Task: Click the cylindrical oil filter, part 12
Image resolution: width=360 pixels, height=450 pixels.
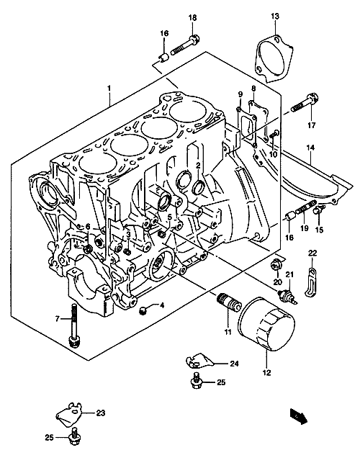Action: pyautogui.click(x=266, y=323)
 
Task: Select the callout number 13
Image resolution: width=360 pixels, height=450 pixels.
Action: pyautogui.click(x=275, y=16)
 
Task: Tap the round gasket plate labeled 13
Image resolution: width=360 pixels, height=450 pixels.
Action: pyautogui.click(x=274, y=60)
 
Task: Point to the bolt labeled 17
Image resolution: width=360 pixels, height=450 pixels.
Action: pyautogui.click(x=305, y=103)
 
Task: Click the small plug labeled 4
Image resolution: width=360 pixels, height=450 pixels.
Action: pyautogui.click(x=142, y=310)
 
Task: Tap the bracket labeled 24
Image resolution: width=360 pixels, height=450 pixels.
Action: pyautogui.click(x=199, y=361)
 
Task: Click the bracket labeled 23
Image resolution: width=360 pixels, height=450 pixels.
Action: pyautogui.click(x=69, y=414)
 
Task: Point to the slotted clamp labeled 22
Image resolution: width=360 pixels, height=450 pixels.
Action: pyautogui.click(x=311, y=282)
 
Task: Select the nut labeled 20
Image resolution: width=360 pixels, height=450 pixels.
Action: pyautogui.click(x=275, y=265)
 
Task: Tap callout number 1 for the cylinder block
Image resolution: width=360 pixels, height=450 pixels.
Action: pyautogui.click(x=109, y=89)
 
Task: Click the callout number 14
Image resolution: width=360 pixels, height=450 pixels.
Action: pyautogui.click(x=310, y=148)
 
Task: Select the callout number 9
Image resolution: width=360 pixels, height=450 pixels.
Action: pyautogui.click(x=240, y=94)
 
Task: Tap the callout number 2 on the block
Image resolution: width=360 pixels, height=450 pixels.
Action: pyautogui.click(x=198, y=165)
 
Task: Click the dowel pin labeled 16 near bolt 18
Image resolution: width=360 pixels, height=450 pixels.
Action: pyautogui.click(x=164, y=56)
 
